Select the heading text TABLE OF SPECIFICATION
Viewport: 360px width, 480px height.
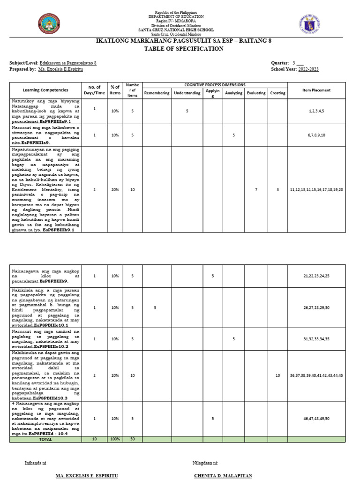pyautogui.click(x=177, y=49)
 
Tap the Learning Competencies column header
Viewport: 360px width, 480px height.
pyautogui.click(x=45, y=90)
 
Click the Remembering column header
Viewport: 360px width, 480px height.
pyautogui.click(x=157, y=93)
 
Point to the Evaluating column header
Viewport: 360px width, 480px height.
pyautogui.click(x=256, y=93)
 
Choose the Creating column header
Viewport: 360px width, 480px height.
pyautogui.click(x=277, y=93)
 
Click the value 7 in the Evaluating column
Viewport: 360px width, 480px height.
pyautogui.click(x=256, y=189)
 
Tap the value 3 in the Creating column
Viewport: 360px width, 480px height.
pyautogui.click(x=277, y=189)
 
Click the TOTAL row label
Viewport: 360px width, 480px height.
pyautogui.click(x=45, y=439)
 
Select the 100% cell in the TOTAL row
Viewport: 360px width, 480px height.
pyautogui.click(x=115, y=439)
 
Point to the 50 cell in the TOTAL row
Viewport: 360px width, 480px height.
pyautogui.click(x=133, y=439)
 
